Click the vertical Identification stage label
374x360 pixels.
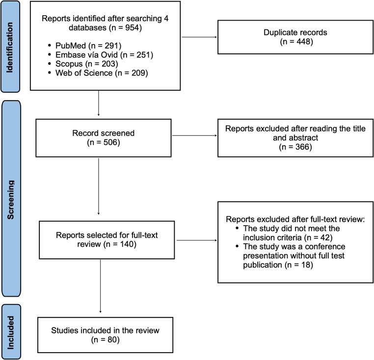pos(9,48)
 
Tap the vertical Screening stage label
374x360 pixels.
pos(10,200)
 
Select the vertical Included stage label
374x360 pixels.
pos(10,333)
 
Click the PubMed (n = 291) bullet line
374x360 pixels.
pos(88,46)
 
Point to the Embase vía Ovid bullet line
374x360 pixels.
pos(104,54)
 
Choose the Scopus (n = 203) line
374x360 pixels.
pos(86,64)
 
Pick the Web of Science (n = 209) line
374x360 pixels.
pos(102,73)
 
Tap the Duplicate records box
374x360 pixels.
pos(295,37)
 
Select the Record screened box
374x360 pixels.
pos(104,138)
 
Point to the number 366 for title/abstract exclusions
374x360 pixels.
pos(302,147)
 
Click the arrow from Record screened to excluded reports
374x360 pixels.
pos(194,135)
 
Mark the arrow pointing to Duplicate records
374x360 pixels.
pos(199,37)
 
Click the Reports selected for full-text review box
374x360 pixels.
pos(107,240)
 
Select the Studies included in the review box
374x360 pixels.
pos(105,335)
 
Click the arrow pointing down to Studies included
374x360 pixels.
pos(101,286)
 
